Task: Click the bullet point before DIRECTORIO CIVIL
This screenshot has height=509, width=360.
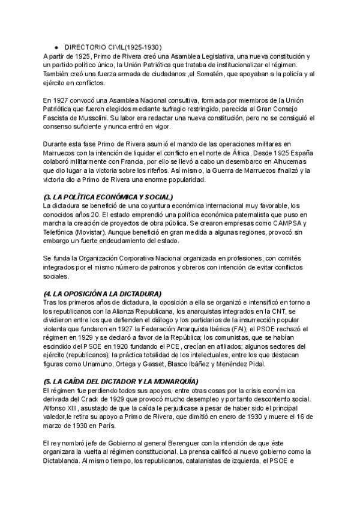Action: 55,47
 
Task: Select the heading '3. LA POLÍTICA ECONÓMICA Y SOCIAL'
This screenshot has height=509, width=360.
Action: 108,197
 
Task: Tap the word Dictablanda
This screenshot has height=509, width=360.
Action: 64,462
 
